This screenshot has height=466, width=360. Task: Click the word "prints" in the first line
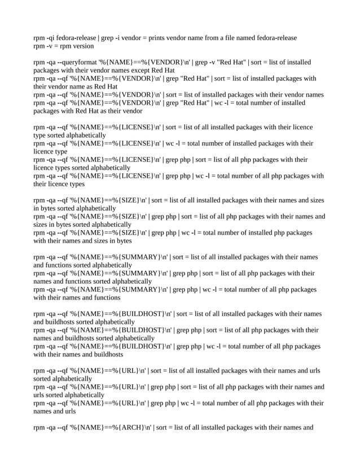(158, 38)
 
